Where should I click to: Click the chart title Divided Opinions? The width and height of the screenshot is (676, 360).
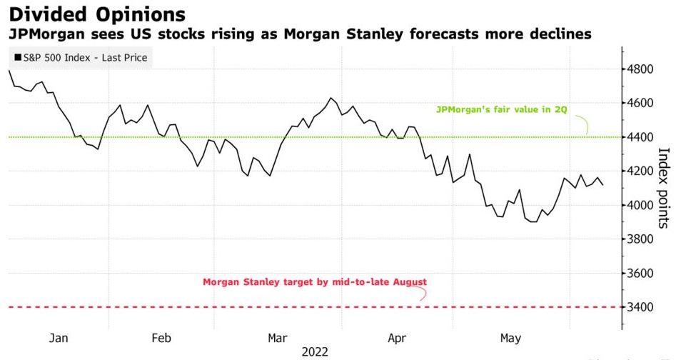coord(97,14)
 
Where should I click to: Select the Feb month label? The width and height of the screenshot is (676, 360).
coord(161,338)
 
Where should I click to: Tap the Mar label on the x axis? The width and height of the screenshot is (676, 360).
coord(276,338)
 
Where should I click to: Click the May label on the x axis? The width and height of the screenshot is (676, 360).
coord(510,338)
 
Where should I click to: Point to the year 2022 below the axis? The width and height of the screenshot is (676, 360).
coord(314,351)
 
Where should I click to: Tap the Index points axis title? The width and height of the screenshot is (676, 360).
coord(663,188)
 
